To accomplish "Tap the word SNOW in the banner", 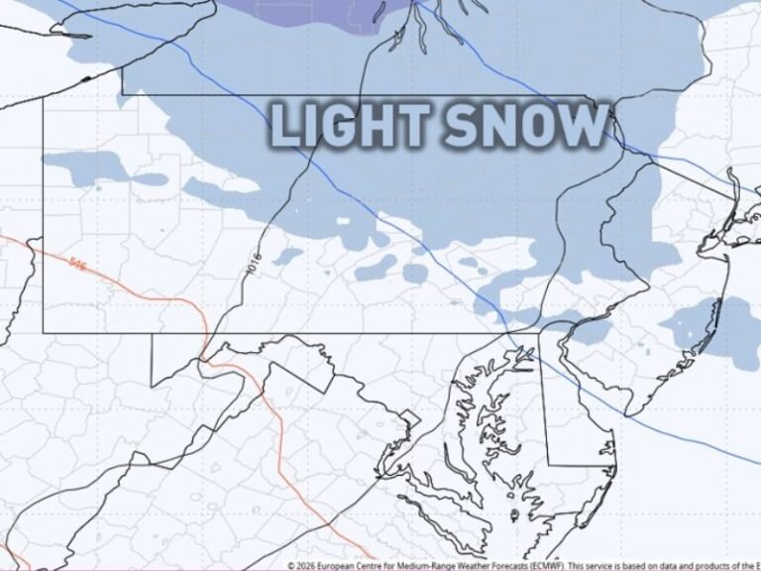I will pos(525,127).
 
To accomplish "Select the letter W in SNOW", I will pos(585,127).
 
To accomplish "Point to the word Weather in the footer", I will pos(466,565).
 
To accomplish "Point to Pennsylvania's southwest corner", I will pos(45,330).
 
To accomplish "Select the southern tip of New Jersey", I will pos(626,412).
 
